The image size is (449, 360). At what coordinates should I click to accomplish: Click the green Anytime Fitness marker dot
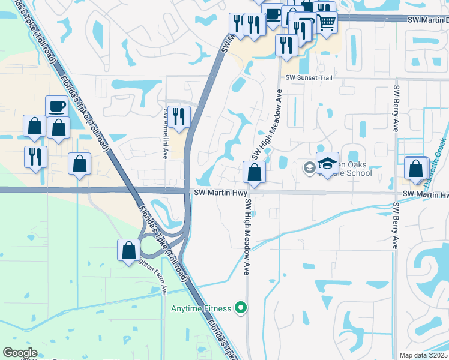[241, 308]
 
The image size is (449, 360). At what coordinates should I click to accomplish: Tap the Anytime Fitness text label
[200, 308]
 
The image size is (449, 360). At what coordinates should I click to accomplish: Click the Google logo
[20, 353]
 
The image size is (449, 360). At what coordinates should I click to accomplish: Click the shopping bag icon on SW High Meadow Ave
[255, 172]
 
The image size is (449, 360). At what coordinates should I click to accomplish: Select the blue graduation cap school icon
[328, 163]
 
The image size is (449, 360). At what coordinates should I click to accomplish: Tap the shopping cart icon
[326, 22]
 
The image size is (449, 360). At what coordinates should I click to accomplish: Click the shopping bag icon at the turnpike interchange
[129, 250]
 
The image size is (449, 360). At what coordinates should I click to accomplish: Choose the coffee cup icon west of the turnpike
[57, 106]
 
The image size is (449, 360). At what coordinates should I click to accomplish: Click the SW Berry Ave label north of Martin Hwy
[396, 108]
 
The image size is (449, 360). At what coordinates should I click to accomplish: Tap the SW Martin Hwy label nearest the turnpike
[221, 193]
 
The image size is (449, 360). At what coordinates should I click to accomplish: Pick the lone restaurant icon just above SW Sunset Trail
[286, 44]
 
